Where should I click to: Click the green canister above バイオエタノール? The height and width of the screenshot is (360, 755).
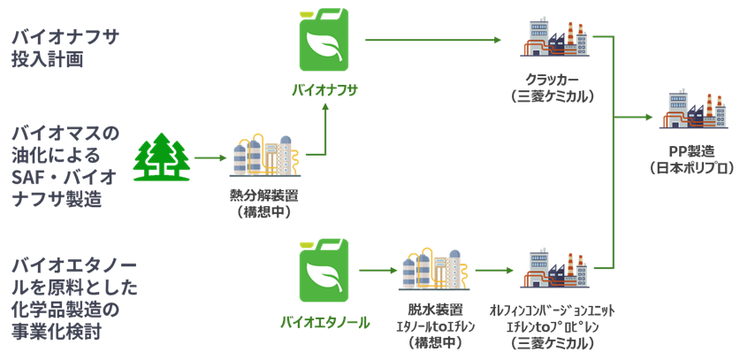point(324,271)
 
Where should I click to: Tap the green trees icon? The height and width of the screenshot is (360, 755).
point(162,157)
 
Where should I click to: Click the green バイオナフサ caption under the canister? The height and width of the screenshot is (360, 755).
point(324,90)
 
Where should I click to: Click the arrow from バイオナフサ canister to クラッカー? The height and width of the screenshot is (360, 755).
point(434,40)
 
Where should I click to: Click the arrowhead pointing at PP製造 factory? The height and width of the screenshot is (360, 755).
point(652,116)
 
